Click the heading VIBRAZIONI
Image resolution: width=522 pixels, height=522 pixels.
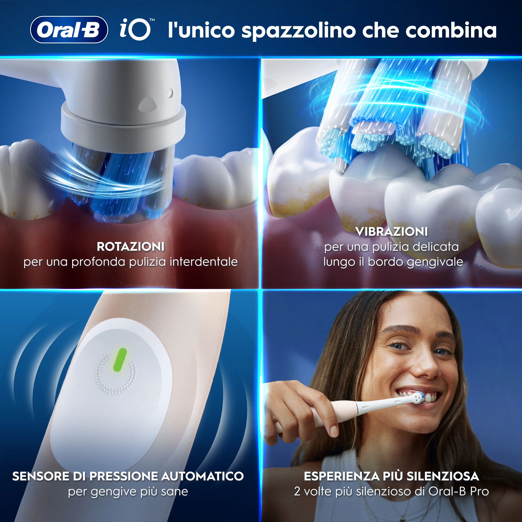pos(391,232)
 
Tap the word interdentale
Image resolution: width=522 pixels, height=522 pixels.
pos(204,262)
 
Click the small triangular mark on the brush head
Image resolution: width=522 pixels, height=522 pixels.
pos(148,103)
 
